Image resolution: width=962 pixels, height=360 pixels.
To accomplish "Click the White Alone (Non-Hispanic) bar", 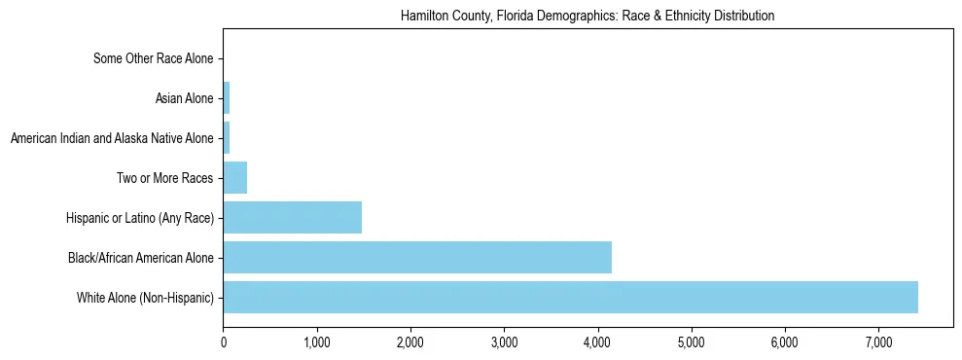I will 570,298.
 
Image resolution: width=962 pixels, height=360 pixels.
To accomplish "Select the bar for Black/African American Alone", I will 417,258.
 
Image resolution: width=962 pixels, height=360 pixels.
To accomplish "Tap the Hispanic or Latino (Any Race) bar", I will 292,218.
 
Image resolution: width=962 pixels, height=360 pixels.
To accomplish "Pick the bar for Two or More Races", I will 234,178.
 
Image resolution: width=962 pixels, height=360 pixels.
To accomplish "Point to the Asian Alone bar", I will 227,98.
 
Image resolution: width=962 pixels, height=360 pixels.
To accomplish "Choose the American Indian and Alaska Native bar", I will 227,138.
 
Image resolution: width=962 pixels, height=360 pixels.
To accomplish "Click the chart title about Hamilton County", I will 588,17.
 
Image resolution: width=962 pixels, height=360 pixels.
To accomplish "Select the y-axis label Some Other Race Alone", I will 153,58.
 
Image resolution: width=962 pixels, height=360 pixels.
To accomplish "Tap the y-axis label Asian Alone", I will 184,98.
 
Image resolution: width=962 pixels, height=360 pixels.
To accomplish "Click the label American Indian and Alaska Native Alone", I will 112,138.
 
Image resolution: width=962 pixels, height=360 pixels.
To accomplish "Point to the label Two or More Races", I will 164,178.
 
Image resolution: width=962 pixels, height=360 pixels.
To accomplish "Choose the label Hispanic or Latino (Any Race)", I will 140,218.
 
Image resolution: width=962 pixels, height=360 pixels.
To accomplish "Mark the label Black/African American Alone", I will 141,258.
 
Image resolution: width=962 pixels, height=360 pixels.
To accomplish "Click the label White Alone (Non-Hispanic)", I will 145,298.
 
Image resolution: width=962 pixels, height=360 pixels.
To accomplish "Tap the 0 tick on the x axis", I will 224,342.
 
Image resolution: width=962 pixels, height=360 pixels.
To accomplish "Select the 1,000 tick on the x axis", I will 317,342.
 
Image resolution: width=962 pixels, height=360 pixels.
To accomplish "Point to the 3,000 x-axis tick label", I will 504,342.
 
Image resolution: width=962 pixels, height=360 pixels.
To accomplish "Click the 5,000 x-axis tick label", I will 691,342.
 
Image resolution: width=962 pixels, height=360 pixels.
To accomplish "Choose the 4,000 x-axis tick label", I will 597,342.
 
